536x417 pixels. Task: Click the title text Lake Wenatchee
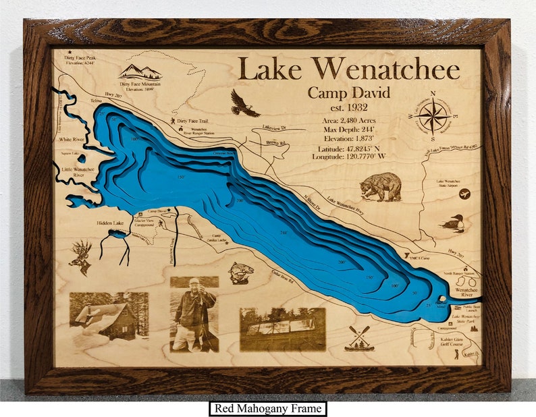pyautogui.click(x=348, y=69)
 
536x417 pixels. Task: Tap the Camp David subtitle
pyautogui.click(x=348, y=93)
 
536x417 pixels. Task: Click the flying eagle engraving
pyautogui.click(x=244, y=103)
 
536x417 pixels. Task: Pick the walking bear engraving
pyautogui.click(x=381, y=186)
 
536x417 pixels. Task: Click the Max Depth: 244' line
pyautogui.click(x=348, y=129)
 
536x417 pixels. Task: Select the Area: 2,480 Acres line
pyautogui.click(x=348, y=119)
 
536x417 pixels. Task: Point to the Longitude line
pyautogui.click(x=348, y=157)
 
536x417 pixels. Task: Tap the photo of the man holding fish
pyautogui.click(x=194, y=314)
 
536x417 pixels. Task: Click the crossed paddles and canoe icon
pyautogui.click(x=359, y=338)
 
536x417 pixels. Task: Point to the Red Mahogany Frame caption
pyautogui.click(x=267, y=408)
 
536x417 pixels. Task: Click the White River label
pyautogui.click(x=71, y=140)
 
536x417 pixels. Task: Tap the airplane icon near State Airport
pyautogui.click(x=464, y=194)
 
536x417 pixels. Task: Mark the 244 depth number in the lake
pyautogui.click(x=284, y=233)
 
